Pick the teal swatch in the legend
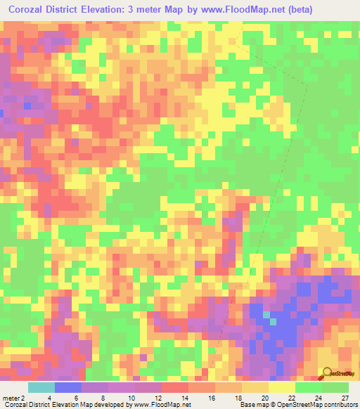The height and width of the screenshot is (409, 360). [x=41, y=387]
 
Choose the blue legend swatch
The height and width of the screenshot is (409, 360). [x=68, y=387]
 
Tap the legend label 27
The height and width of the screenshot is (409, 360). [x=345, y=398]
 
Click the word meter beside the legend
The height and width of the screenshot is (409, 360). [x=11, y=398]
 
